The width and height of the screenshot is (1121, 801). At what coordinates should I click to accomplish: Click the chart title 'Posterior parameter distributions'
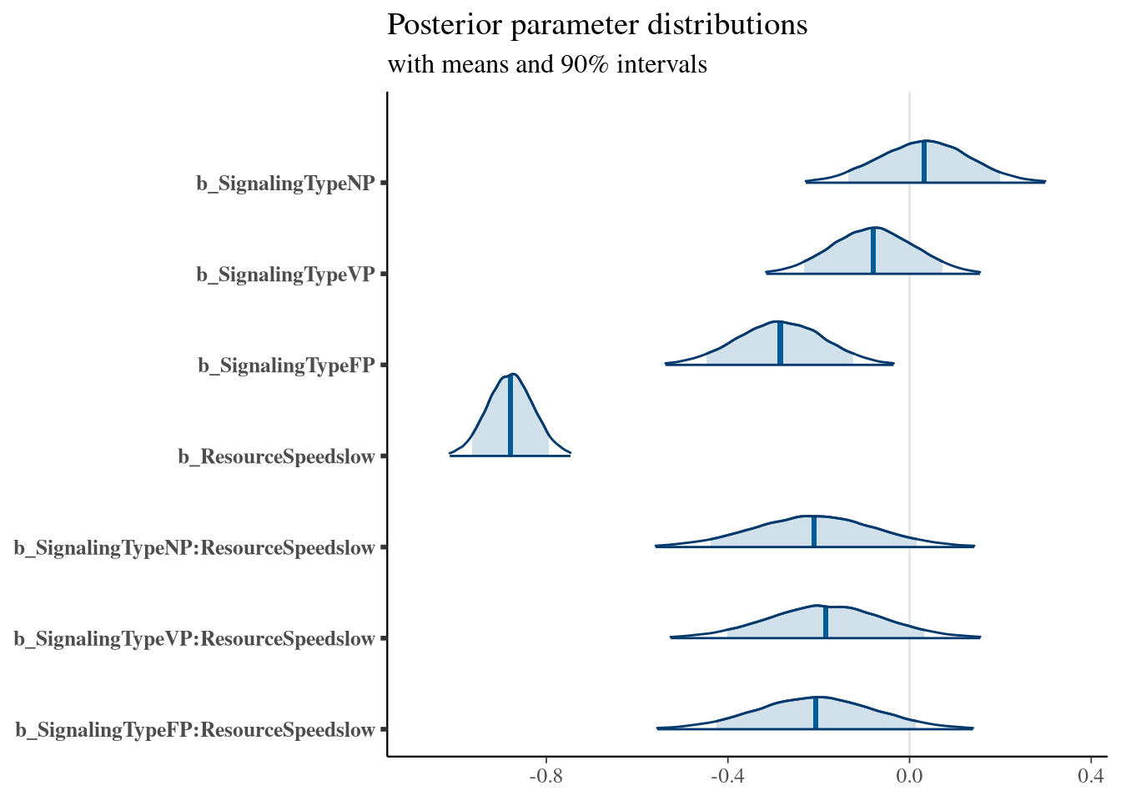tap(597, 25)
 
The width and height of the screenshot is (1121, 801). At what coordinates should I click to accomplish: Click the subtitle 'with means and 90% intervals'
tap(547, 64)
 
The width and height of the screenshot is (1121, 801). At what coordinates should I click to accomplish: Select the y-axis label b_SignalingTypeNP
tap(285, 183)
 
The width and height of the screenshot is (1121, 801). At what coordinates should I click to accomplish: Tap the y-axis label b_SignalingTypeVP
tap(285, 274)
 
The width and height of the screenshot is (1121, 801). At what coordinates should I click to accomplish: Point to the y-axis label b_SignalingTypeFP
tap(286, 365)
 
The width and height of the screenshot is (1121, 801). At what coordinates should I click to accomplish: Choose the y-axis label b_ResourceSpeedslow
tap(276, 456)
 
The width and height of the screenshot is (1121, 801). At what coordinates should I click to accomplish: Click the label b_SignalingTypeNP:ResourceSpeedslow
tap(194, 548)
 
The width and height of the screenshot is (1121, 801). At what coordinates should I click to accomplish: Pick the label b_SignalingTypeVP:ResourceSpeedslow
tap(194, 639)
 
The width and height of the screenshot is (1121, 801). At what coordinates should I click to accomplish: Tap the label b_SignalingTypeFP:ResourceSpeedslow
tap(195, 730)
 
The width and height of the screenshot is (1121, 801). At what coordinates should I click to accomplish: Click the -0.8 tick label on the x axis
tap(546, 776)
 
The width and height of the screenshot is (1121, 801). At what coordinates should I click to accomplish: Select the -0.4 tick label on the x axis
tap(727, 776)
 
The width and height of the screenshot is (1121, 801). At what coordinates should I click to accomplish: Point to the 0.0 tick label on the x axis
tap(909, 776)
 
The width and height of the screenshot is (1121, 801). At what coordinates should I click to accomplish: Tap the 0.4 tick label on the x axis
tap(1091, 776)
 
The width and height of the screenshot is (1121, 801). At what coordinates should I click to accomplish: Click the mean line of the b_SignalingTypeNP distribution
tap(924, 162)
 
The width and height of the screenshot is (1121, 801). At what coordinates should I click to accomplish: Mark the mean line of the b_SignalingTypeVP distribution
tap(872, 250)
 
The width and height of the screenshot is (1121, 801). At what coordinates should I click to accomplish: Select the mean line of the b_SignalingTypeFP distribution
tap(780, 343)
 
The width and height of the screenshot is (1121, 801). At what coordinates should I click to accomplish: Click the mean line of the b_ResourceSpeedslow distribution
tap(510, 416)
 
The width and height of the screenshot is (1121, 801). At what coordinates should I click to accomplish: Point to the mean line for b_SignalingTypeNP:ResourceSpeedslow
tap(813, 531)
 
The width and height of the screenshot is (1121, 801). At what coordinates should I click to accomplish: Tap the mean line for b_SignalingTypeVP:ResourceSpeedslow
tap(825, 622)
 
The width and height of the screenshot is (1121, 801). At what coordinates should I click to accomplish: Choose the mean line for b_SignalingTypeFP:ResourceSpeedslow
tap(816, 713)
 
